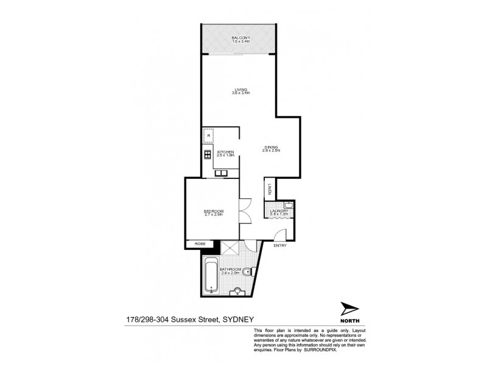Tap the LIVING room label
click(x=241, y=88)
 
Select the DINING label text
click(x=272, y=147)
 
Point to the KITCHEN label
click(x=226, y=152)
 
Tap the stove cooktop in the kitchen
click(x=207, y=155)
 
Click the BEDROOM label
click(x=214, y=211)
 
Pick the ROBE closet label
click(x=199, y=244)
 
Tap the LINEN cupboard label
click(x=269, y=190)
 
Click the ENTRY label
click(x=280, y=245)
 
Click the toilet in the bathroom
click(x=245, y=274)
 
